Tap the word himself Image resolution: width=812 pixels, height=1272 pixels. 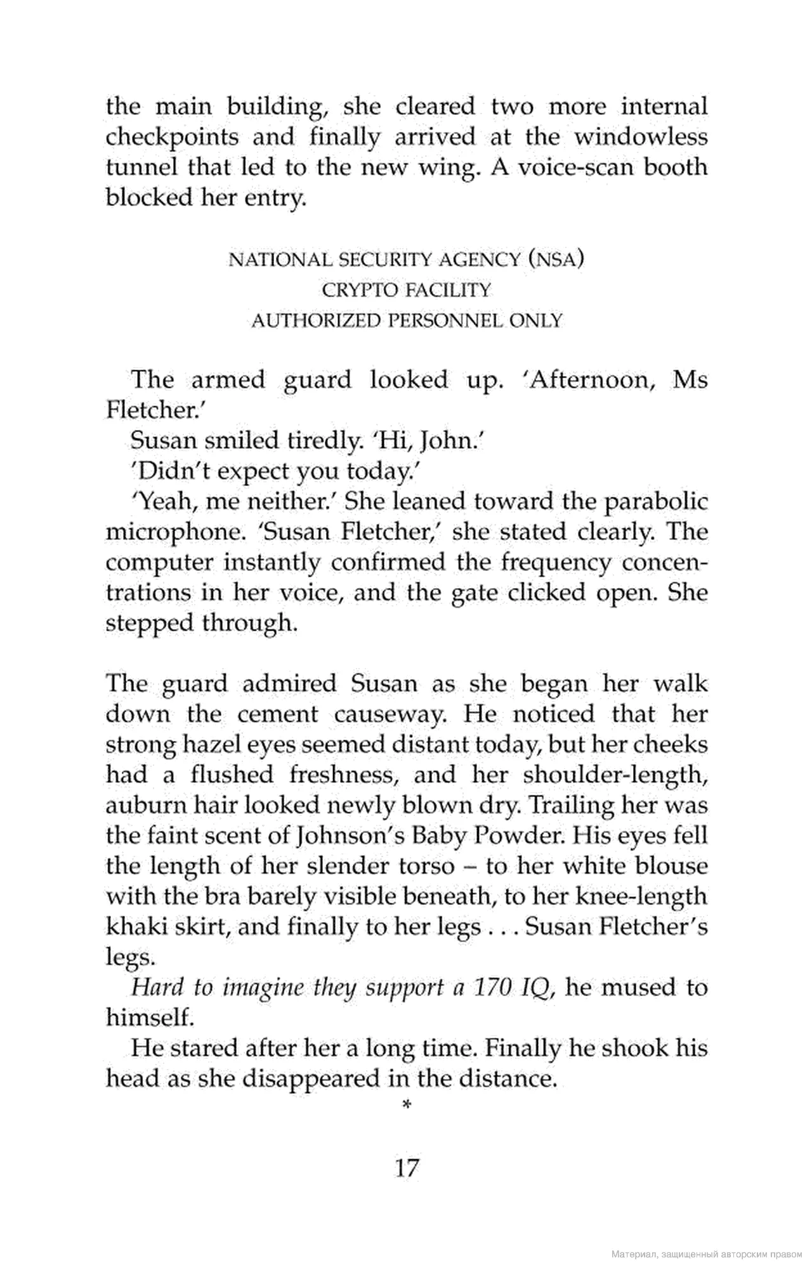[x=148, y=1018]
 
